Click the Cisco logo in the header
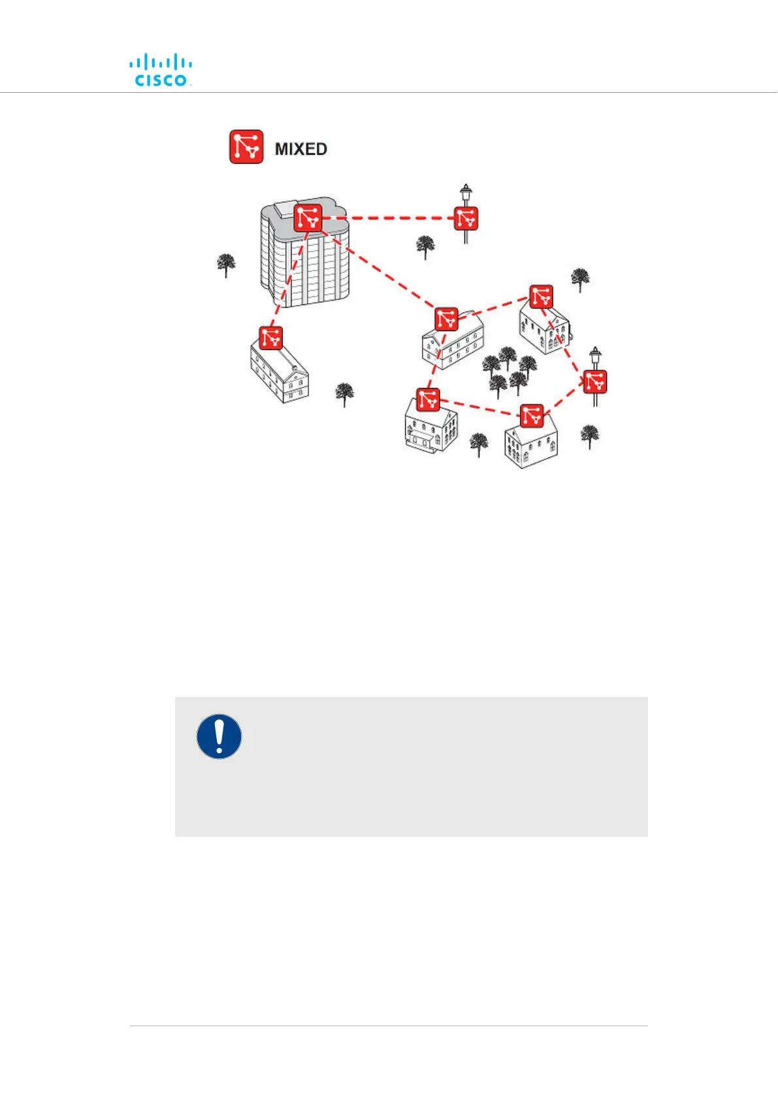161,71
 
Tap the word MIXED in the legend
300,149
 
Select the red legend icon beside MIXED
246,146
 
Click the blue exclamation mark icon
219,736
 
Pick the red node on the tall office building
308,218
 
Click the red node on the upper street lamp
466,218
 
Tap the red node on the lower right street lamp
594,381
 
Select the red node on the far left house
270,338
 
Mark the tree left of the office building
226,265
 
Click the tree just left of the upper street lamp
425,247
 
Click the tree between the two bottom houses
479,444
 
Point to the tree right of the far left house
344,394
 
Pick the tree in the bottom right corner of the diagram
589,435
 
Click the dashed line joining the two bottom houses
480,408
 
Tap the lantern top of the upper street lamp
465,194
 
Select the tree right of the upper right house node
579,279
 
